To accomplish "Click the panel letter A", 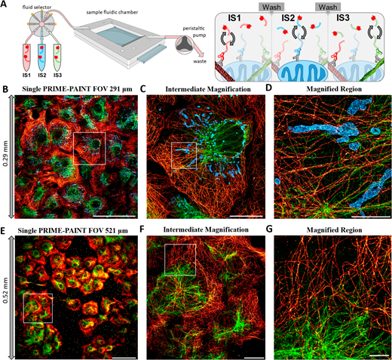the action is point(4,4).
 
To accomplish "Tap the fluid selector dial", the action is point(41,24).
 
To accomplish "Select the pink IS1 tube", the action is point(26,57).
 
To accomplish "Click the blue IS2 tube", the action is point(42,57).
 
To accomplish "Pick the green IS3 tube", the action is point(57,57).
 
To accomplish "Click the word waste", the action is point(200,61).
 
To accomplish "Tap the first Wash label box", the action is point(271,8).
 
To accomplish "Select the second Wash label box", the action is point(328,8).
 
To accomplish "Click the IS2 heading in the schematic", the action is point(288,18).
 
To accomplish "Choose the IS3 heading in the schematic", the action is point(343,18).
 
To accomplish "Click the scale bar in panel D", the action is point(370,216).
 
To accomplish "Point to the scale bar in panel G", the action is point(379,355).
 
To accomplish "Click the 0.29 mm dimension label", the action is point(5,157).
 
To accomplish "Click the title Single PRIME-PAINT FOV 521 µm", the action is point(73,230).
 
